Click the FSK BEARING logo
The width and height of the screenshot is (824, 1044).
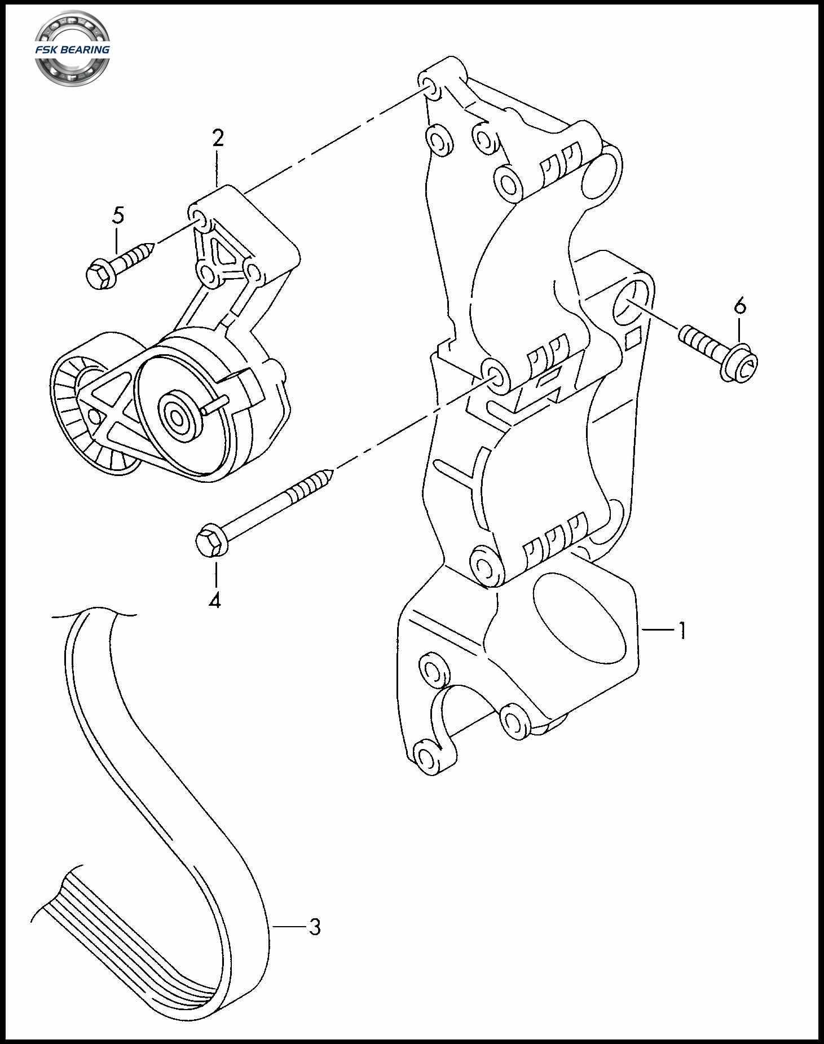(x=72, y=49)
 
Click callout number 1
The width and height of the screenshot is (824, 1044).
(x=682, y=631)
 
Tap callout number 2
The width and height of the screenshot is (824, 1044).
(x=218, y=138)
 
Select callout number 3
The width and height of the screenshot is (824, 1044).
(x=315, y=927)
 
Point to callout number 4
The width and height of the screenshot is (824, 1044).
(x=215, y=600)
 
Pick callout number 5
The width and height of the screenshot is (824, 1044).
(x=118, y=215)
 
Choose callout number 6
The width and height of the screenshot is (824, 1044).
(x=740, y=305)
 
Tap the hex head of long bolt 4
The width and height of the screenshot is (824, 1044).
(x=209, y=540)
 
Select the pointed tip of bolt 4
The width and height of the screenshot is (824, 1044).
(x=332, y=471)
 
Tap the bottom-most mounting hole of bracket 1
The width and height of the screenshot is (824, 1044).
(x=429, y=757)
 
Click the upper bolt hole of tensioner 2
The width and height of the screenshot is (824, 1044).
(x=199, y=218)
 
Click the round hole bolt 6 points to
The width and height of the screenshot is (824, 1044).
(x=631, y=303)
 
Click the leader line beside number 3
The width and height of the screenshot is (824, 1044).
(x=288, y=927)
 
